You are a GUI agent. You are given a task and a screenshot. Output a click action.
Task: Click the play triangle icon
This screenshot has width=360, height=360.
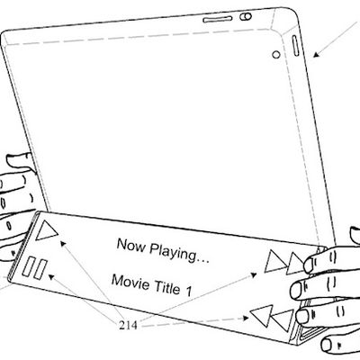[x=45, y=230]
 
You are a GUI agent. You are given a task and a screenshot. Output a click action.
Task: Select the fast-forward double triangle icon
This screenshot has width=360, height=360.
[x=285, y=263]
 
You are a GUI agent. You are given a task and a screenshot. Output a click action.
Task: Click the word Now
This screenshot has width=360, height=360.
[x=130, y=245]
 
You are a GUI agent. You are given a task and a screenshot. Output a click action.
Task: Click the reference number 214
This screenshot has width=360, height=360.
[x=128, y=325]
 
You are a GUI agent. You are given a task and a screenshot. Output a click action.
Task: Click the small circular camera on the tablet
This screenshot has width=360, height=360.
[x=276, y=55]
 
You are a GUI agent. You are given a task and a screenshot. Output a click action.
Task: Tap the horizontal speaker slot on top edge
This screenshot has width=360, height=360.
[x=218, y=20]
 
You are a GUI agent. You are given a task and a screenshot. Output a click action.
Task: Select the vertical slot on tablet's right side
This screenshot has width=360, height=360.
[x=295, y=46]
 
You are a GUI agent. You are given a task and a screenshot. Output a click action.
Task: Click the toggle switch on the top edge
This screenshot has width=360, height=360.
[x=246, y=16]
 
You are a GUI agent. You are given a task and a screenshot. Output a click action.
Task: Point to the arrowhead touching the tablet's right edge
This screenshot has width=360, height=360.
[x=316, y=54]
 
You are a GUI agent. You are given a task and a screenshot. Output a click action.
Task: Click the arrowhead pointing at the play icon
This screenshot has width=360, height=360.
[x=63, y=243]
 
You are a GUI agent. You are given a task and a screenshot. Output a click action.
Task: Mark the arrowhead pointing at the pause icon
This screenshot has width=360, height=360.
[x=51, y=276]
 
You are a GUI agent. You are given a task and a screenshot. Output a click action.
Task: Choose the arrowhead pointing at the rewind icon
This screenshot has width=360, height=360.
[x=246, y=318]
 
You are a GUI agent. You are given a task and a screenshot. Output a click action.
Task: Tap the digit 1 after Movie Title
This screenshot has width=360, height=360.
[x=189, y=291]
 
